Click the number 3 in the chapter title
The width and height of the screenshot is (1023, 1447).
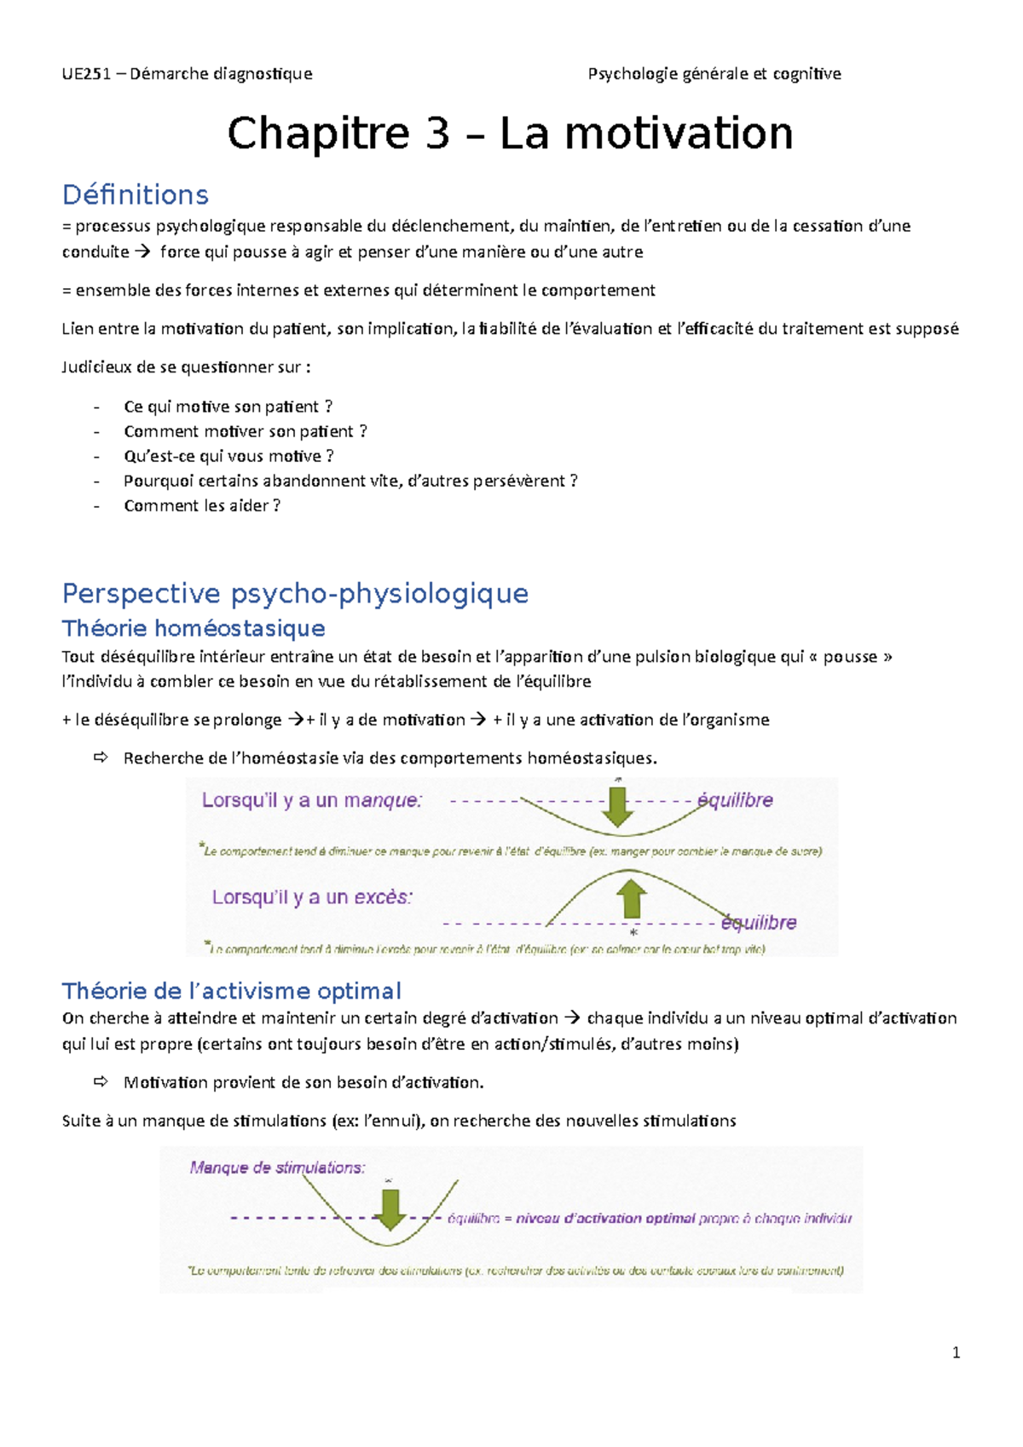[x=437, y=134]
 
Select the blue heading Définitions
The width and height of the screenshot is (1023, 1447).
[x=136, y=195]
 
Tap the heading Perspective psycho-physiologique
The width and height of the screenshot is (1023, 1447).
[x=295, y=593]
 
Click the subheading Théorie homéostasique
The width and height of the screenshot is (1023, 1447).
[x=194, y=629]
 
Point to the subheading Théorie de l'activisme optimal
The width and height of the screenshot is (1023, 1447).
[x=231, y=991]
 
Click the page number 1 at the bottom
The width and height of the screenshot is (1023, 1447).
[x=956, y=1352]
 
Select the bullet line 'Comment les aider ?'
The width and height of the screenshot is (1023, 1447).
[x=202, y=506]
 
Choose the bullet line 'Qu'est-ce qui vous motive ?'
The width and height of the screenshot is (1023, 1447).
[x=228, y=457]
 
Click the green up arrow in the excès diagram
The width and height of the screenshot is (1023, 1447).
[x=631, y=898]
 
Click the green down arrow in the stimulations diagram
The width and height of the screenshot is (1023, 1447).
[x=390, y=1208]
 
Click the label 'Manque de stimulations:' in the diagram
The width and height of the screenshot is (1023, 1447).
[x=277, y=1168]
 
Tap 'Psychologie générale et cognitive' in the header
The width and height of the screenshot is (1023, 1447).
[x=714, y=74]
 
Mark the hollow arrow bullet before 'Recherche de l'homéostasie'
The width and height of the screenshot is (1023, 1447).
[x=101, y=758]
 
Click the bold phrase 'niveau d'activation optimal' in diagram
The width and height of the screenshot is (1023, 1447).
[x=605, y=1219]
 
